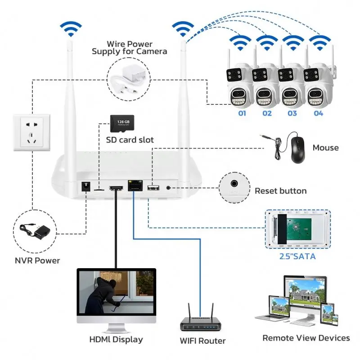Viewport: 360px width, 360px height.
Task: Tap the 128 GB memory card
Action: pyautogui.click(x=120, y=123)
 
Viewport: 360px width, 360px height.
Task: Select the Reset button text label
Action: pyautogui.click(x=280, y=191)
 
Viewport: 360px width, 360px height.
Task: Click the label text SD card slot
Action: pyautogui.click(x=130, y=140)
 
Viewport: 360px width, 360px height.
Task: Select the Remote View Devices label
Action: pyautogui.click(x=306, y=337)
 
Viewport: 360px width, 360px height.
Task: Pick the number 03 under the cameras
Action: pyautogui.click(x=292, y=113)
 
